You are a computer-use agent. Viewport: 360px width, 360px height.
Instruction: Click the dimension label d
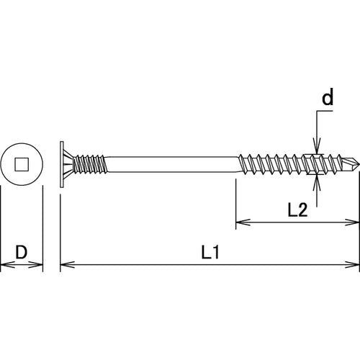327,99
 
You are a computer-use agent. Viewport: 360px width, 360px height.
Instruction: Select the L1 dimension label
210,253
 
